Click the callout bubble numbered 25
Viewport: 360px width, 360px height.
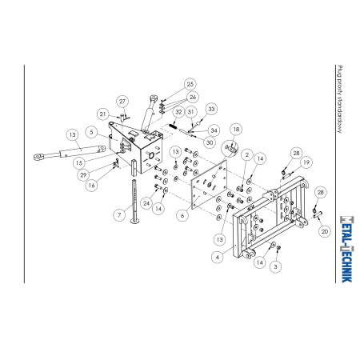[x=190, y=84]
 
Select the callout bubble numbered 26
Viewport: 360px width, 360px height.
[x=193, y=97]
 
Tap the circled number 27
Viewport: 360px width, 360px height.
[x=122, y=102]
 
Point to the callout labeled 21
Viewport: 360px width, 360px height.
[x=103, y=114]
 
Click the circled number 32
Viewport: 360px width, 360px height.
[x=178, y=112]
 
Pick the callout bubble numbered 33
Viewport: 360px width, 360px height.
[x=211, y=109]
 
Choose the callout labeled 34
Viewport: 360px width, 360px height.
[x=214, y=130]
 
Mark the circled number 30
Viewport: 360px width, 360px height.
[x=210, y=142]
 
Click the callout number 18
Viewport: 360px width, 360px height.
[x=236, y=130]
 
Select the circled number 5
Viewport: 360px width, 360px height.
[x=92, y=132]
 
